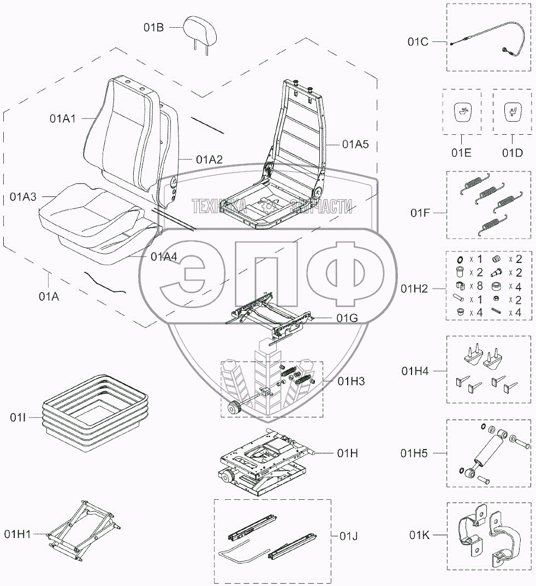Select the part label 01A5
pos(355,145)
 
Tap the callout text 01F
pos(421,213)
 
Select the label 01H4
pos(415,371)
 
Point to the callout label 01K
pos(420,535)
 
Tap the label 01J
pos(348,535)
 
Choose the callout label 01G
pos(347,319)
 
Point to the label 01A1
pos(63,118)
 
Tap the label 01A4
pos(164,256)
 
